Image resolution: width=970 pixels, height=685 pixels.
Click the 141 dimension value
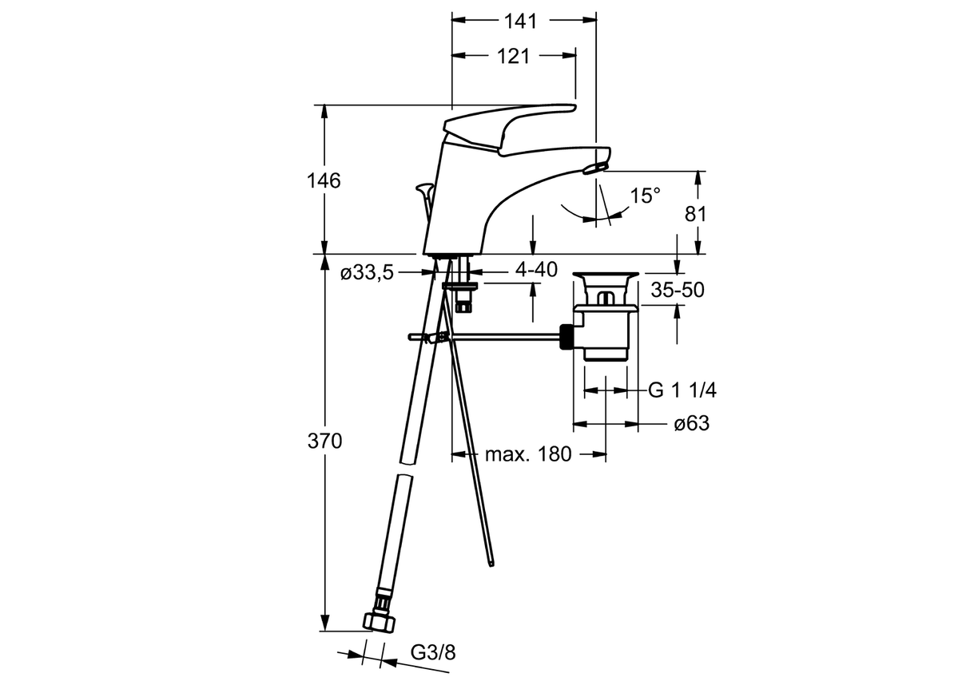pos(520,22)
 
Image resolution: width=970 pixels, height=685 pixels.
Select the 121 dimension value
pos(513,56)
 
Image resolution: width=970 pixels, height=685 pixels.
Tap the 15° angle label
pos(645,196)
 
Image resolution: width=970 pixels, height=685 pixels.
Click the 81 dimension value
pos(698,213)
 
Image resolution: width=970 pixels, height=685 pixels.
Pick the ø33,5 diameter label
pos(367,273)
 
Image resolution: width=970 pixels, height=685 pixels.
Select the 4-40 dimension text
pos(535,270)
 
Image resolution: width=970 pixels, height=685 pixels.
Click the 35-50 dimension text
pos(677,291)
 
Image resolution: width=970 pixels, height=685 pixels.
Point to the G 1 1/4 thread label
pos(682,390)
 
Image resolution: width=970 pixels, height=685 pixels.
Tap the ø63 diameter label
pos(691,424)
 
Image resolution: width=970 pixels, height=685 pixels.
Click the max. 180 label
pos(528,455)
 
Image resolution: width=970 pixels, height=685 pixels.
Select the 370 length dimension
pos(326,441)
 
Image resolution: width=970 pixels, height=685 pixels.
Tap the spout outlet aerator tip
pos(594,167)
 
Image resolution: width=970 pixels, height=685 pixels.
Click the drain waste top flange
pos(606,277)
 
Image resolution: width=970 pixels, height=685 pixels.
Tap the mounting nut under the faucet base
pos(460,283)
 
